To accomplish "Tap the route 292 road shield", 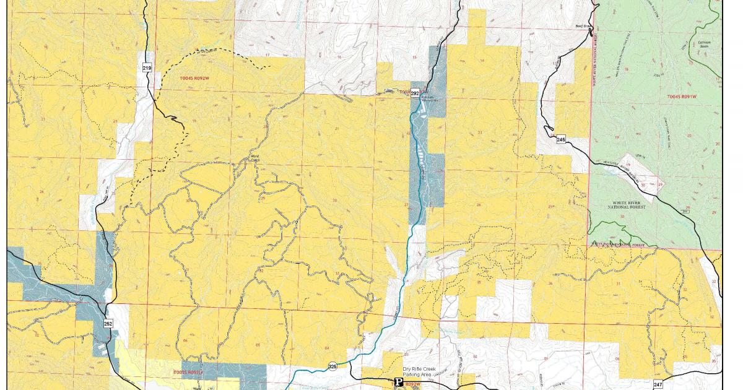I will click(x=415, y=93).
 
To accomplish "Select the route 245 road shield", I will click(x=561, y=139).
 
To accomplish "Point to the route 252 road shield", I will click(x=108, y=324).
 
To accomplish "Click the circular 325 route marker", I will click(x=333, y=366).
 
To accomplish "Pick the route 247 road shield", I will click(x=657, y=384).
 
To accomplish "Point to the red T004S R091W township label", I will click(x=682, y=97).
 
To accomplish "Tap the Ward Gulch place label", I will click(x=254, y=157).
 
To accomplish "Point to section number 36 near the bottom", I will click(x=550, y=284).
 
